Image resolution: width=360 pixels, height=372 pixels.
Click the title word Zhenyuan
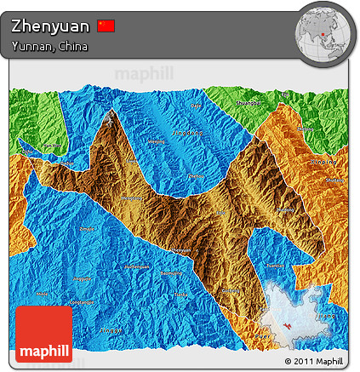(x=49, y=26)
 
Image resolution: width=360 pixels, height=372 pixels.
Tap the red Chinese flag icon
(x=106, y=26)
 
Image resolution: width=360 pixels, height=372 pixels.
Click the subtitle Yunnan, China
(x=49, y=46)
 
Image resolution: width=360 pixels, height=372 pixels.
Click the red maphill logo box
(x=44, y=334)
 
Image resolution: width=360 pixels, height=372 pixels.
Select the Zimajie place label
(x=87, y=229)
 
